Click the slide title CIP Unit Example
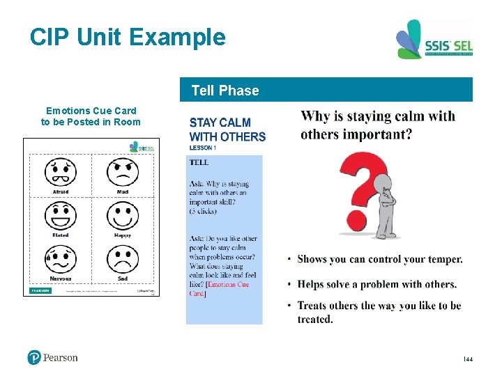tap(128, 37)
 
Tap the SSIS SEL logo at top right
tap(434, 40)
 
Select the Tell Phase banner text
tap(225, 91)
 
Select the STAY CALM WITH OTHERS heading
tap(227, 130)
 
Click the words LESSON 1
tap(203, 148)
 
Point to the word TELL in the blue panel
tap(199, 162)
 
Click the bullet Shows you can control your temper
tap(379, 259)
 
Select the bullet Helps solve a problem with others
tap(376, 284)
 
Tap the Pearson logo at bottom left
tap(52, 357)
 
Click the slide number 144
tap(468, 359)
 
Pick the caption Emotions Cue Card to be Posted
tap(91, 116)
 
